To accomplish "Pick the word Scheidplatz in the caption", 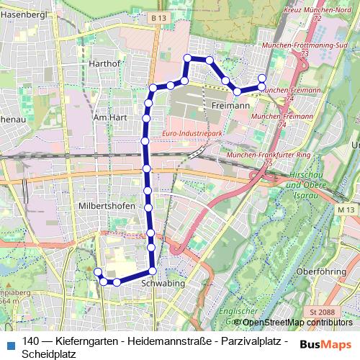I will click(x=49, y=354).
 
